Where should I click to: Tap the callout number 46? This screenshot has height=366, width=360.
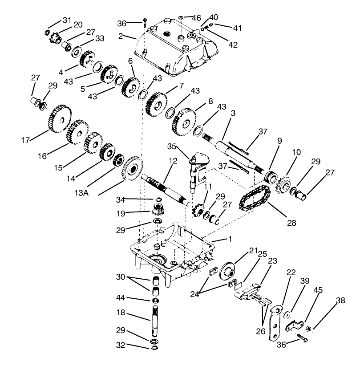(x=196, y=18)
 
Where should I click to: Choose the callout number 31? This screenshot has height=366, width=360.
(x=67, y=20)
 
